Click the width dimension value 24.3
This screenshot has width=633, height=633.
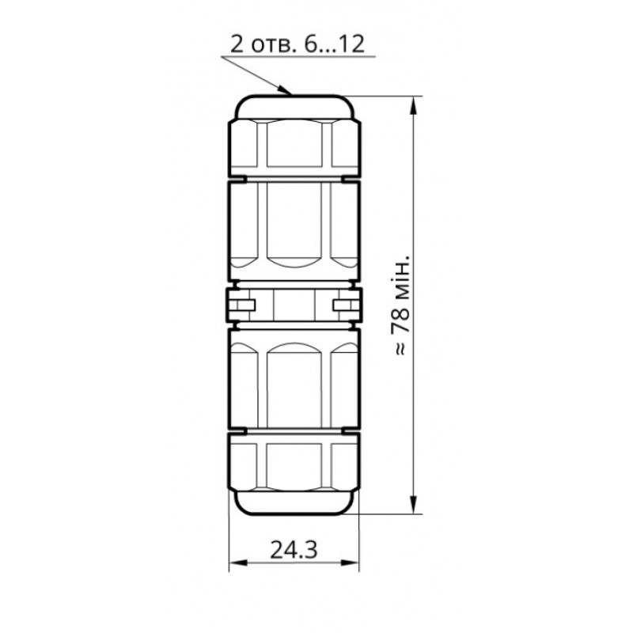click(x=294, y=550)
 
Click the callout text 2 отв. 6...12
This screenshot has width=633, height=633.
click(x=297, y=44)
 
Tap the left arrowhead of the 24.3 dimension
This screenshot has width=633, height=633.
click(x=235, y=563)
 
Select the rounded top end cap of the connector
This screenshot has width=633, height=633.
click(x=294, y=106)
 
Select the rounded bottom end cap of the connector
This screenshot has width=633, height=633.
click(x=294, y=502)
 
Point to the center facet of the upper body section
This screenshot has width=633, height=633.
click(x=294, y=226)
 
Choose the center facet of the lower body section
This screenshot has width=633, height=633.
click(x=294, y=381)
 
